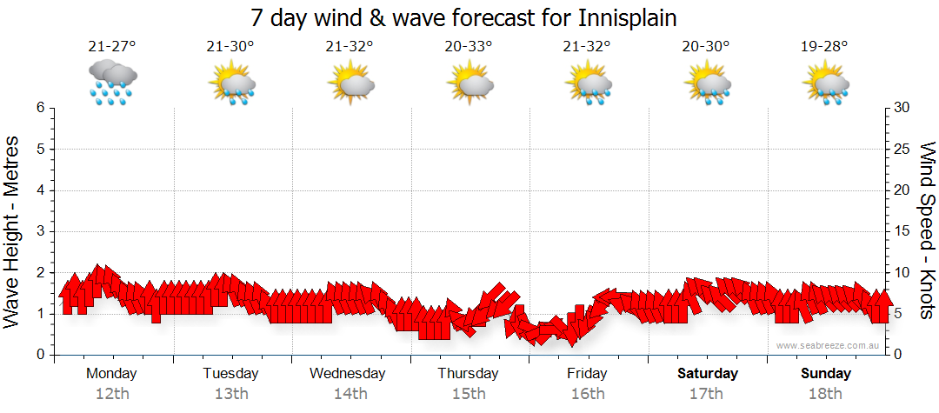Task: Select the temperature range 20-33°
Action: coord(468,47)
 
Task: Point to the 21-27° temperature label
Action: coord(111,47)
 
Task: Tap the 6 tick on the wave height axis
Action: coord(40,108)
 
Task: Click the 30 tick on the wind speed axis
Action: coord(902,108)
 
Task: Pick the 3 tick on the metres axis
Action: coord(40,231)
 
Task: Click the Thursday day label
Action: coord(468,374)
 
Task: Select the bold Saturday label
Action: coord(708,374)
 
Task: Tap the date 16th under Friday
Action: coord(588,394)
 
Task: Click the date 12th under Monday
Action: coord(111,394)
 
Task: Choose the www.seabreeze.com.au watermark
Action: coord(829,345)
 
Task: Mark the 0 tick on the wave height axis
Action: coord(40,355)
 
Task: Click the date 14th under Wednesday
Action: coord(350,394)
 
